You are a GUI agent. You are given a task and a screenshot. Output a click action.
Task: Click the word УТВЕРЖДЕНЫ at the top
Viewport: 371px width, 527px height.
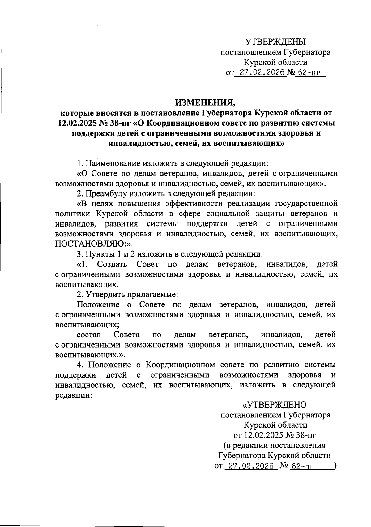[x=275, y=42]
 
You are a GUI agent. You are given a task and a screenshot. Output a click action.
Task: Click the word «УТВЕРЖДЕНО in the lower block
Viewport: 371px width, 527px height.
[x=274, y=404]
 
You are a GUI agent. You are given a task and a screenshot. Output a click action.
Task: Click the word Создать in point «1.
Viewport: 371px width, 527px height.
[x=112, y=264]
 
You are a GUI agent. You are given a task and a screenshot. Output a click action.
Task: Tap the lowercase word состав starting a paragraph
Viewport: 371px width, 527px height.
[x=88, y=335]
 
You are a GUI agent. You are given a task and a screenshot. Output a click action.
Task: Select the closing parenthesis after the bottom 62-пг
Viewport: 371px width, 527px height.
[x=335, y=466]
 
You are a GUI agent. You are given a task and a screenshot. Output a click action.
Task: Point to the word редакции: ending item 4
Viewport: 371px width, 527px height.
[x=73, y=395]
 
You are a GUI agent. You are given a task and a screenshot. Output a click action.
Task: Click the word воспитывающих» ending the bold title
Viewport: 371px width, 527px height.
[x=250, y=143]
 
